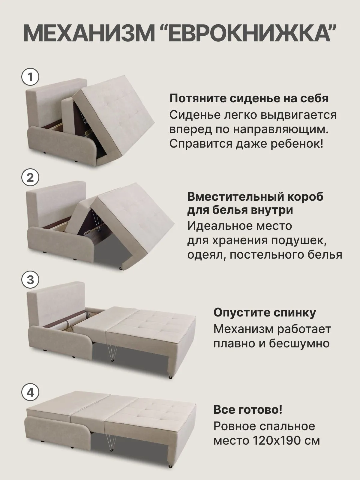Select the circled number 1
[30, 77]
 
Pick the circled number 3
[30, 280]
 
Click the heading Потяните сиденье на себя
[249, 99]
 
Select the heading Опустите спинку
[265, 313]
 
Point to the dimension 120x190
[276, 440]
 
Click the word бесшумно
[299, 343]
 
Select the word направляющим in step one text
[280, 130]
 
